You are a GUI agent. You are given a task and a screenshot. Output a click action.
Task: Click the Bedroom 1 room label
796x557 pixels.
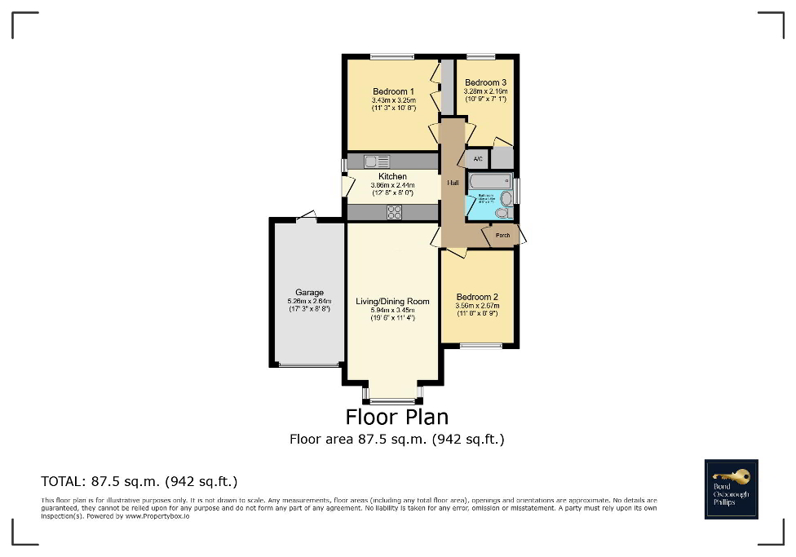(393, 91)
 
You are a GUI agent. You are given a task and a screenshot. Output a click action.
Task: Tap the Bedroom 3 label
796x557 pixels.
(485, 82)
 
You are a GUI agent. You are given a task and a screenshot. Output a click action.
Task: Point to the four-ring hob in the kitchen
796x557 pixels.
(394, 212)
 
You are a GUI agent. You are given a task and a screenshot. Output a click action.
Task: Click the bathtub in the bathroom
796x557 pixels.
(489, 181)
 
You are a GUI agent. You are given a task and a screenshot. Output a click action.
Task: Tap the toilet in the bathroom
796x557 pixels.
(502, 213)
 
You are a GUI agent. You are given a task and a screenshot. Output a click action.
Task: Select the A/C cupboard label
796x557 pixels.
(478, 158)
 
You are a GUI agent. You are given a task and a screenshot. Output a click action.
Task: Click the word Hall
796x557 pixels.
(452, 183)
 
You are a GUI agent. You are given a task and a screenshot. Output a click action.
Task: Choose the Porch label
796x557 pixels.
(502, 236)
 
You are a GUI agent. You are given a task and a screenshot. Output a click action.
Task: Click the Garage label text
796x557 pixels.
(309, 292)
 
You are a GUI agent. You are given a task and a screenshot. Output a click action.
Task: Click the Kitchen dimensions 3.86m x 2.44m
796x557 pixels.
(392, 185)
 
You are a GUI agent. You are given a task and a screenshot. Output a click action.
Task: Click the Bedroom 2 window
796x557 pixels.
(480, 347)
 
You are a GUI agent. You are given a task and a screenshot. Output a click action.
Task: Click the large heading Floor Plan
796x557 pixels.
(397, 417)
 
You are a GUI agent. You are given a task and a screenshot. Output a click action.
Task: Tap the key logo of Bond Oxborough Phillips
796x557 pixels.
(731, 475)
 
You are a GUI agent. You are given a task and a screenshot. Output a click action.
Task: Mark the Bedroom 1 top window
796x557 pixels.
(392, 56)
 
